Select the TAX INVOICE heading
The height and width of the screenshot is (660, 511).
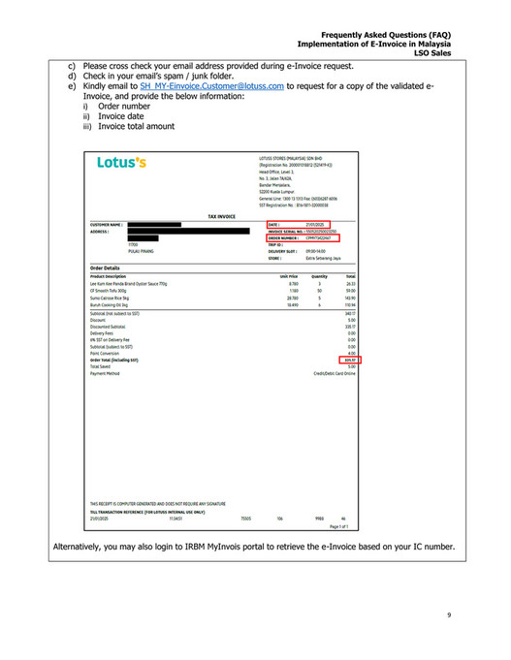[x=222, y=216]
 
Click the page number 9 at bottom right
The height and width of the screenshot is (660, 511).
[x=449, y=614]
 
